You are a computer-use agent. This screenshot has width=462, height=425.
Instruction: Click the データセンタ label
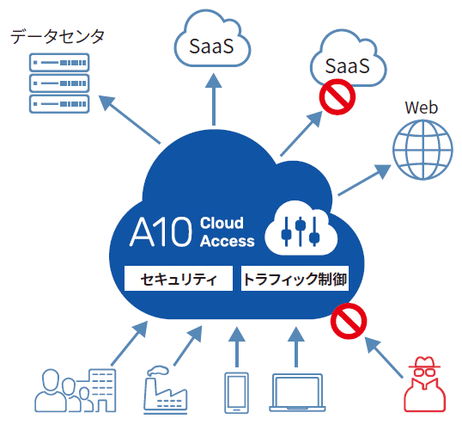[x=58, y=36]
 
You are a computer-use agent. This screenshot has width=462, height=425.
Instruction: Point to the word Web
[x=421, y=108]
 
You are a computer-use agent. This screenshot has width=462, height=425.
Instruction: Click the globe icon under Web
[x=422, y=148]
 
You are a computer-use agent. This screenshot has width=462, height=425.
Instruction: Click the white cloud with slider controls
[x=300, y=227]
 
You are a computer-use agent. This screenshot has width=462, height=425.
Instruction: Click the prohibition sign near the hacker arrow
[x=347, y=320]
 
